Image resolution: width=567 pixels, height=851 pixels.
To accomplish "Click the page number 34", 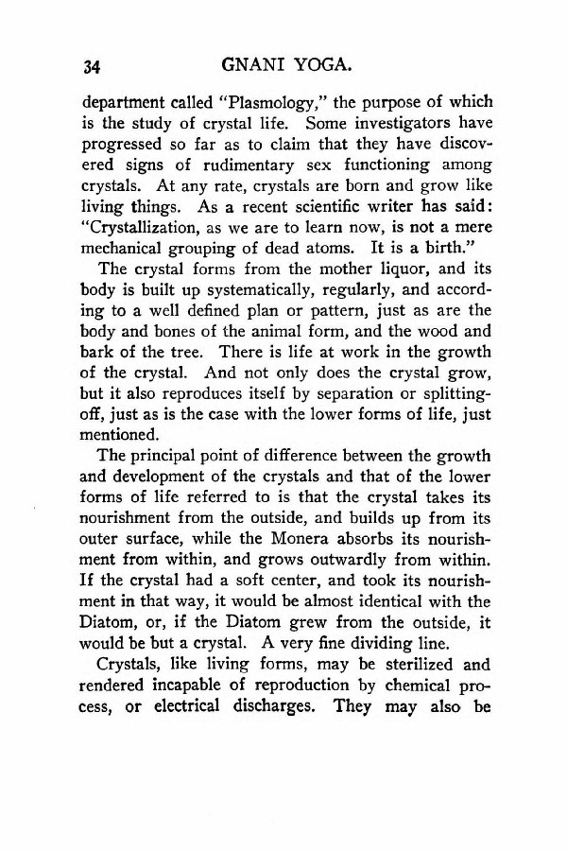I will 92,66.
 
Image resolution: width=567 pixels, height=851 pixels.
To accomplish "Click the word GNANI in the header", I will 252,65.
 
